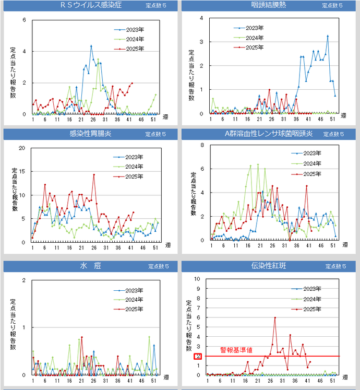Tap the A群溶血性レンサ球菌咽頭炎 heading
(x=268, y=134)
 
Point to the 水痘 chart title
(x=87, y=266)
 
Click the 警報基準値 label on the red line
(x=236, y=350)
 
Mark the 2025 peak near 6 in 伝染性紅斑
(x=275, y=318)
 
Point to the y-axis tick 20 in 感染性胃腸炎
(x=22, y=148)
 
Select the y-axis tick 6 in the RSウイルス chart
(x=24, y=20)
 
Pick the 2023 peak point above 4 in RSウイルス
(x=91, y=46)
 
